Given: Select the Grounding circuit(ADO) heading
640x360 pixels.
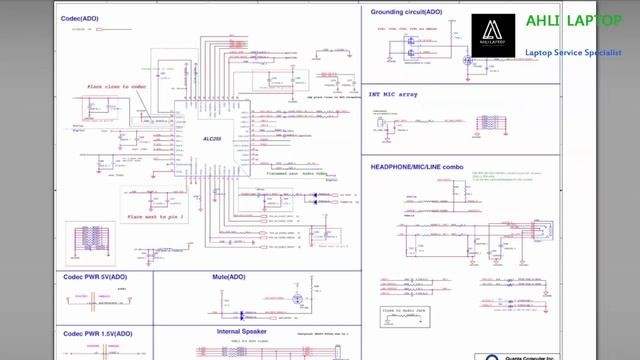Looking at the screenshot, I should [406, 12].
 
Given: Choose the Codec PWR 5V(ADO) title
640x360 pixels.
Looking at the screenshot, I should [95, 276].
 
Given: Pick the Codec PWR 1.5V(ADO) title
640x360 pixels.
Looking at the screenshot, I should [97, 333].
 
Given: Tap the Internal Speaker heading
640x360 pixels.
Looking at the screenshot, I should [241, 331].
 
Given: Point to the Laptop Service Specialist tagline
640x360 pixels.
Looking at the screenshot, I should [573, 52].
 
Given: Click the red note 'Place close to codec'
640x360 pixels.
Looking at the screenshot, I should [117, 87].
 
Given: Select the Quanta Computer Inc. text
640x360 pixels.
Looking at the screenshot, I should [527, 356].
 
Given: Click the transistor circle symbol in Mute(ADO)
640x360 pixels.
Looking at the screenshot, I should [296, 299].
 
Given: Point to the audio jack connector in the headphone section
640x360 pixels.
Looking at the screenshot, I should [544, 234].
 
